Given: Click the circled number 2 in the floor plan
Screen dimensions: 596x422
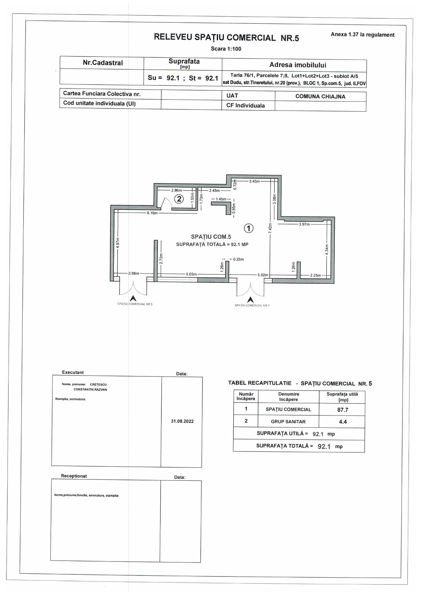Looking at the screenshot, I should (179, 199).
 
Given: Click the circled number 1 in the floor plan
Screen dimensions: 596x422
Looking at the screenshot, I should (249, 228).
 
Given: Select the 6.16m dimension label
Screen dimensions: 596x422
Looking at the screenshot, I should (152, 213).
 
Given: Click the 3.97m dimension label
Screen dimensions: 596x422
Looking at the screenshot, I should (304, 224).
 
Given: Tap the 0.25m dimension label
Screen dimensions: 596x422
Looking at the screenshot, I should (238, 259).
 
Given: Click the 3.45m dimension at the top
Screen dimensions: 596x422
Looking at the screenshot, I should (254, 181).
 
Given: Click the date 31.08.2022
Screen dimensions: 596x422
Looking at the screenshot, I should (182, 421).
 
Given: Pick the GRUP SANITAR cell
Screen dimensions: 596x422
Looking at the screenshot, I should (288, 421).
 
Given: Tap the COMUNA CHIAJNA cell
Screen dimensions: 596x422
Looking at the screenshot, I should (320, 96).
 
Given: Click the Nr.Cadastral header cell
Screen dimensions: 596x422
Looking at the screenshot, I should (102, 63).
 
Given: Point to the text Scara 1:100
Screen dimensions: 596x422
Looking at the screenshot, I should (226, 49).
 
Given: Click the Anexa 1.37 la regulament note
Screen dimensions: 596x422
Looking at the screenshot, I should (362, 35).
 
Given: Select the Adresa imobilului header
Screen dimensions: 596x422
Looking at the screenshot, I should (298, 65).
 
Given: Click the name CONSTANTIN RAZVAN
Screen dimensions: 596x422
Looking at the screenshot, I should (90, 389).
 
